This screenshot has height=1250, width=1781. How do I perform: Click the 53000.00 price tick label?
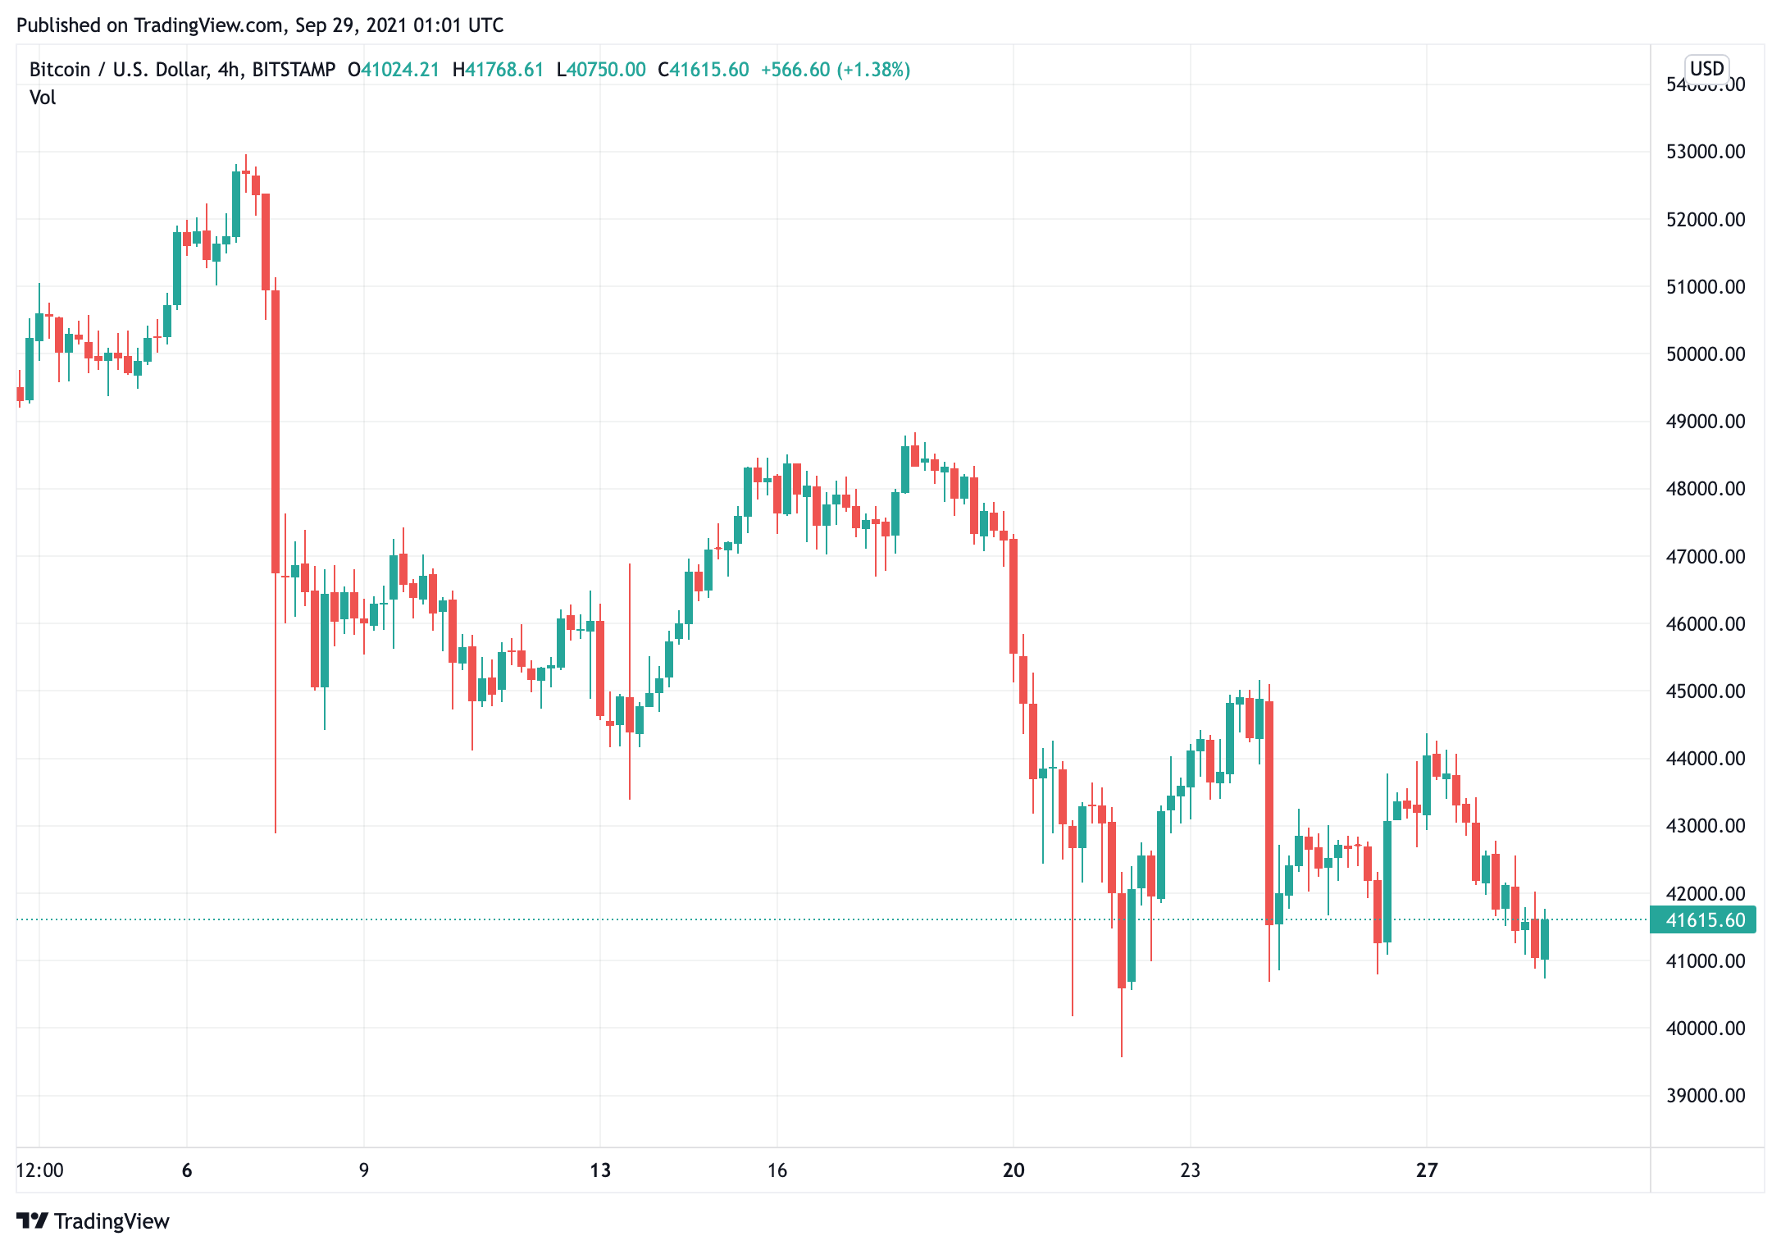pyautogui.click(x=1705, y=152)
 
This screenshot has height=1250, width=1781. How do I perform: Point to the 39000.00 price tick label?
pyautogui.click(x=1705, y=1095)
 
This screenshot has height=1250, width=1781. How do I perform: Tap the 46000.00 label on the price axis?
pyautogui.click(x=1705, y=623)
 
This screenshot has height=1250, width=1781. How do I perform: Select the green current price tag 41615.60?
pyautogui.click(x=1703, y=919)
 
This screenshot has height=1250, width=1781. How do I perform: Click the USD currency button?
pyautogui.click(x=1706, y=68)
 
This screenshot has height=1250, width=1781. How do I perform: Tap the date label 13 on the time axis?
pyautogui.click(x=600, y=1170)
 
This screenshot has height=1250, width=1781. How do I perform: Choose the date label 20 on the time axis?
pyautogui.click(x=1013, y=1170)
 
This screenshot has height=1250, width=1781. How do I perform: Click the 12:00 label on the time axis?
pyautogui.click(x=39, y=1170)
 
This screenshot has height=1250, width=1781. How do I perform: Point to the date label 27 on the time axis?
pyautogui.click(x=1427, y=1170)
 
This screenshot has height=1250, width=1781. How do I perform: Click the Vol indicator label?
pyautogui.click(x=43, y=98)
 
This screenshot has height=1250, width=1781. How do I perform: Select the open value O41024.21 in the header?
pyautogui.click(x=394, y=70)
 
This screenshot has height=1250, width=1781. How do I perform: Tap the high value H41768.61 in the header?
pyautogui.click(x=499, y=70)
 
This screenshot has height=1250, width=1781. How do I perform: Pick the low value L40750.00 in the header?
pyautogui.click(x=601, y=70)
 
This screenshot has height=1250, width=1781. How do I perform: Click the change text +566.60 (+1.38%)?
pyautogui.click(x=836, y=70)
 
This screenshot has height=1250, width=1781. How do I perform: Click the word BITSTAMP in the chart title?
pyautogui.click(x=294, y=70)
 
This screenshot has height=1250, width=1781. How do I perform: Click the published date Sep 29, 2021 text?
pyautogui.click(x=351, y=25)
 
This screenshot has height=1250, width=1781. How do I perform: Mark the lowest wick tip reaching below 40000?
pyautogui.click(x=1122, y=1055)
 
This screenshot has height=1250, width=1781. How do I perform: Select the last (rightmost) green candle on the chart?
pyautogui.click(x=1545, y=939)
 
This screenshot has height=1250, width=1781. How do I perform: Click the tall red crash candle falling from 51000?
pyautogui.click(x=276, y=431)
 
